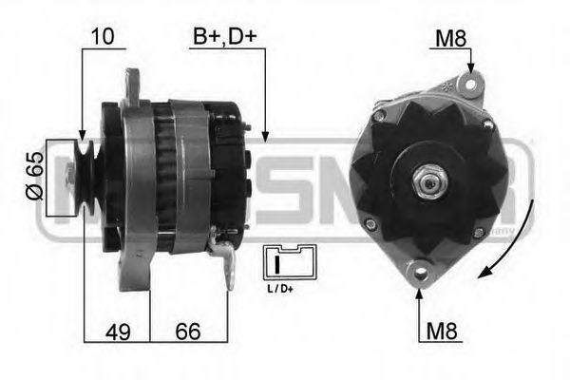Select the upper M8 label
[x=449, y=38]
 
